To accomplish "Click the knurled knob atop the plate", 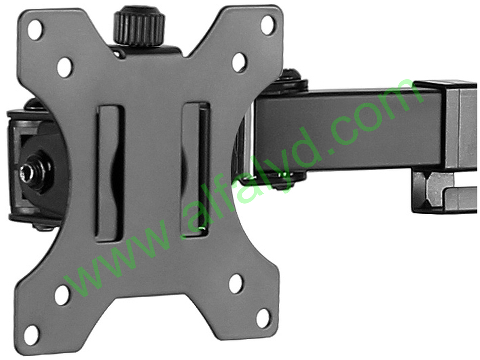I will pyautogui.click(x=139, y=27).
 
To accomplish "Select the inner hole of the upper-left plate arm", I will pyautogui.click(x=65, y=67).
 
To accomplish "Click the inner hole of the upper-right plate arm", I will pyautogui.click(x=239, y=62).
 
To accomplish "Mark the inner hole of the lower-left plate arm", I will pyautogui.click(x=62, y=295).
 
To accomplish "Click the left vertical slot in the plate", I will pyautogui.click(x=109, y=173).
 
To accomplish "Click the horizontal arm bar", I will pyautogui.click(x=349, y=127).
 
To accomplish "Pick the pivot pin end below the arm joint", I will pyautogui.click(x=285, y=183).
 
